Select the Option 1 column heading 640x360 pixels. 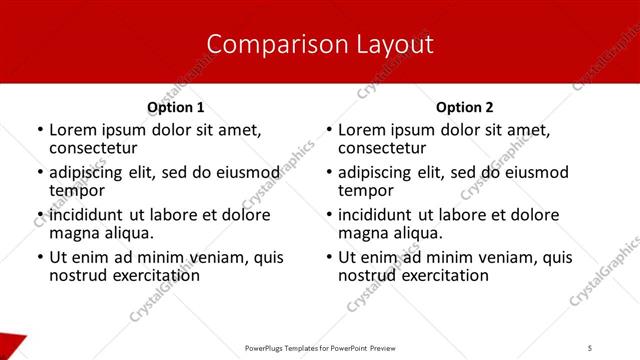click(x=175, y=107)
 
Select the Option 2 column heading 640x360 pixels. click(x=464, y=107)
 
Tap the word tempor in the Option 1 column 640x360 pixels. click(x=77, y=190)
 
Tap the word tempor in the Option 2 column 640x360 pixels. click(x=366, y=190)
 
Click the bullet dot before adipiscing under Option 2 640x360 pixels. click(x=329, y=173)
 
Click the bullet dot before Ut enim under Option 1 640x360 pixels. click(x=40, y=258)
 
